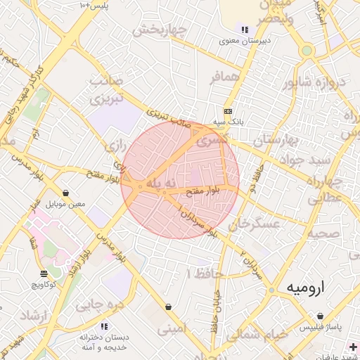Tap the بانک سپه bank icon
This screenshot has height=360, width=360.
[228, 111]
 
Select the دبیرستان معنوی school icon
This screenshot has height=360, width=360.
[245, 30]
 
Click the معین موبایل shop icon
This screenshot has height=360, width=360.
[65, 193]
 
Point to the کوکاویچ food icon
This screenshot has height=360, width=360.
[44, 274]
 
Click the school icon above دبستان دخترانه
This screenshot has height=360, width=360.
[104, 326]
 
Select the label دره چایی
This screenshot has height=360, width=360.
[103, 306]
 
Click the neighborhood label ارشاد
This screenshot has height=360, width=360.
[32, 314]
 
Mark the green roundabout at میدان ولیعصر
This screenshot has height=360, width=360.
[306, 51]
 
